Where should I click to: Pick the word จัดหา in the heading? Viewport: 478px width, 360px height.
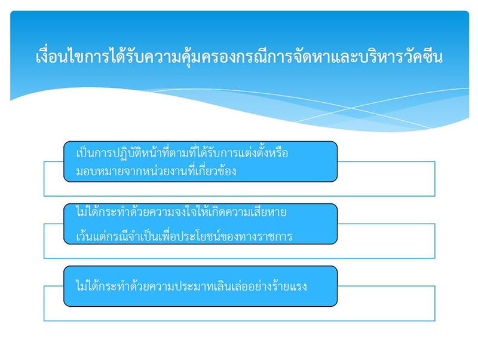pyautogui.click(x=301, y=58)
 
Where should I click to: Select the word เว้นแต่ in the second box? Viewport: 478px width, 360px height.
pyautogui.click(x=90, y=236)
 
